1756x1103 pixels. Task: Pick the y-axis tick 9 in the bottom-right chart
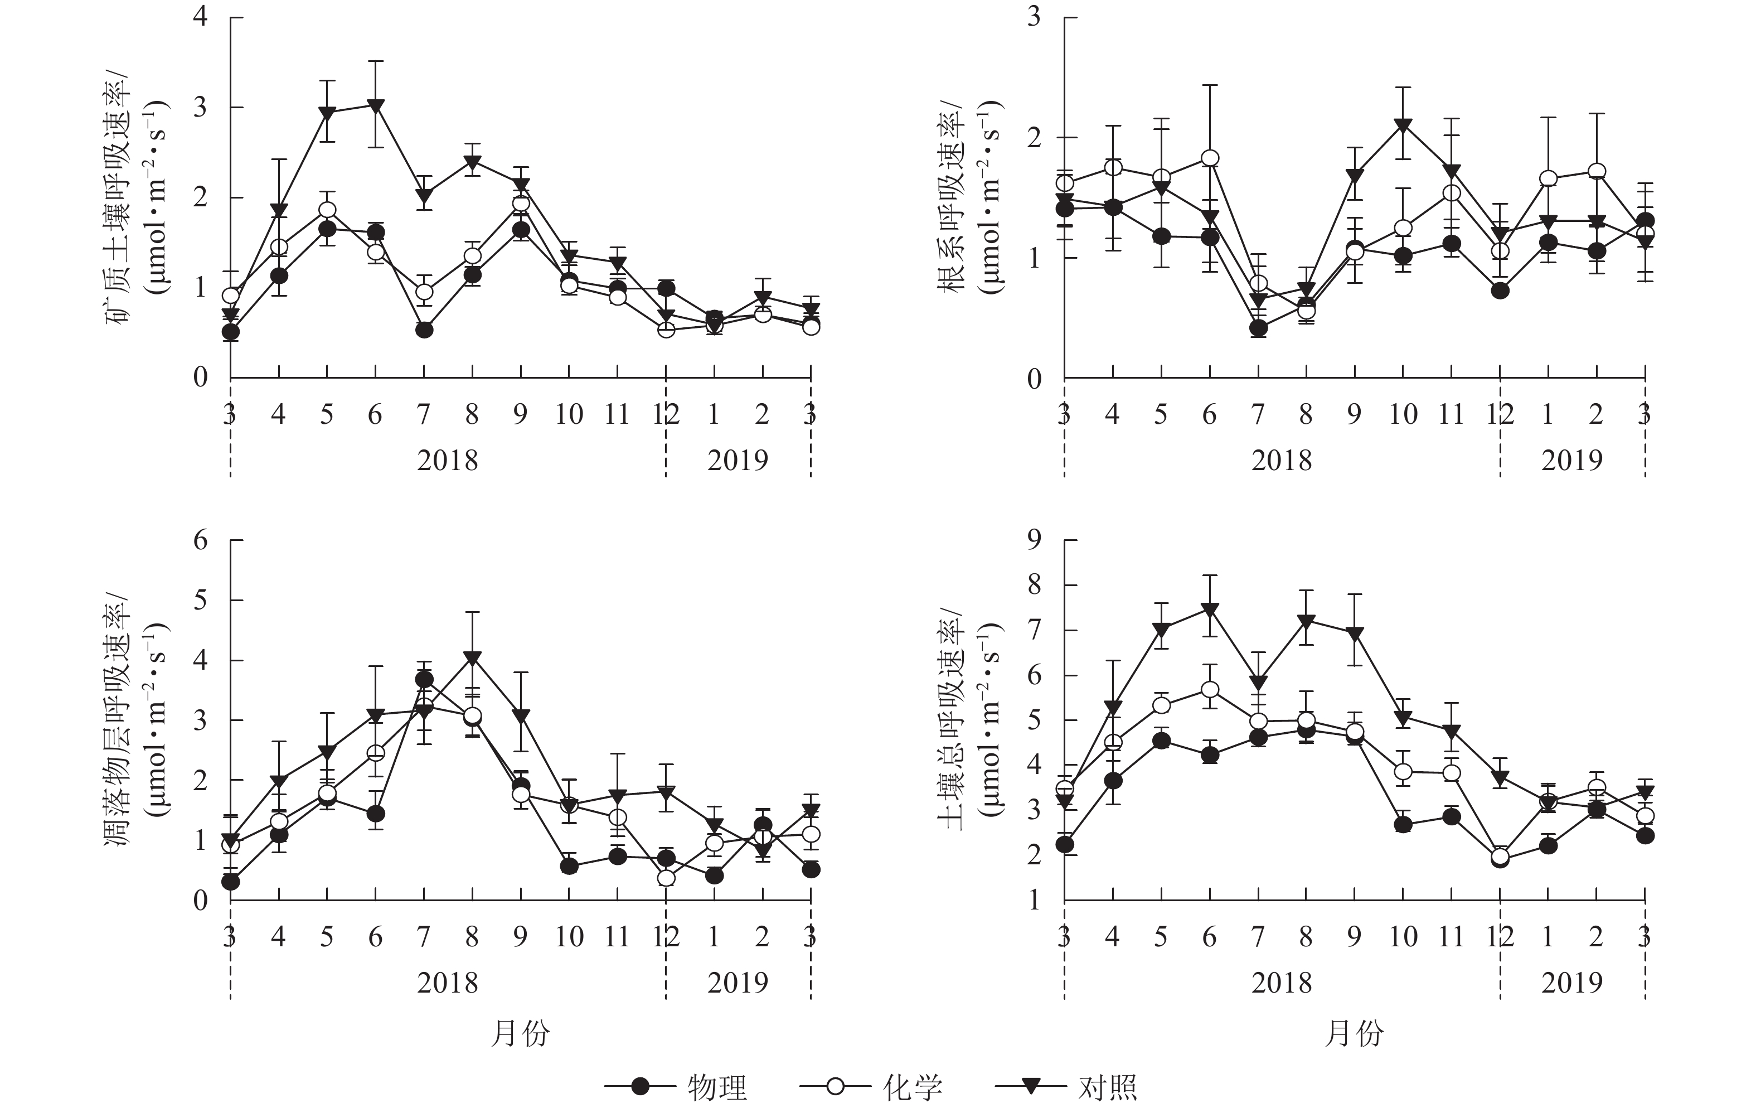1034,540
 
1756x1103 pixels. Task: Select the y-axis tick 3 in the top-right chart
1034,17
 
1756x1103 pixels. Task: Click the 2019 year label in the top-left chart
738,460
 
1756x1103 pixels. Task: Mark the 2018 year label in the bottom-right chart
1281,983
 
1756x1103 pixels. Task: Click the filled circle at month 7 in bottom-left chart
424,680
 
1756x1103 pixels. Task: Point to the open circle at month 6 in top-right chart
1210,158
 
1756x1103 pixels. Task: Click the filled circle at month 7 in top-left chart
424,330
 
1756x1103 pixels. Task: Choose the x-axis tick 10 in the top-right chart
1403,414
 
